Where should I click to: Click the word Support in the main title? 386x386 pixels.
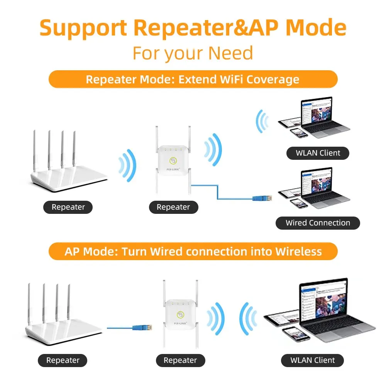83,28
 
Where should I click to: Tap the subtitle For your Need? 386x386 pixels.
193,53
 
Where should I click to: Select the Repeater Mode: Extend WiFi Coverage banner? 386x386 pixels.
193,80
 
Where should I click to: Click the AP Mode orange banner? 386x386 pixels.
193,252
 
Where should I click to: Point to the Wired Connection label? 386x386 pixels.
318,223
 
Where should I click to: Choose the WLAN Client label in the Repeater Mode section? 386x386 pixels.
318,153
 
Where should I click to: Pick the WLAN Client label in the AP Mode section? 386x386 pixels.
313,360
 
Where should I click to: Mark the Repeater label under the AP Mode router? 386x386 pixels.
63,361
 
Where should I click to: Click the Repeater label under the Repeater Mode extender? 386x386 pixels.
173,207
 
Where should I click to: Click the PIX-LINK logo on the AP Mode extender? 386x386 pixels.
180,323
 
